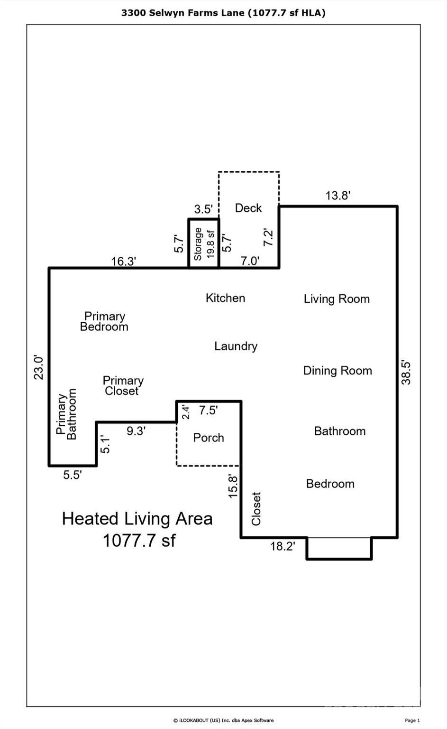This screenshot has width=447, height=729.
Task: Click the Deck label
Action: (x=248, y=208)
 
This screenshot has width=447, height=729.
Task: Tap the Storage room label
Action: (x=198, y=243)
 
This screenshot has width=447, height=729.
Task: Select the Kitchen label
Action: (x=225, y=298)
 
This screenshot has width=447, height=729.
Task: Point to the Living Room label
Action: (x=337, y=299)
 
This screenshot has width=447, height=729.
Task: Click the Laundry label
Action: (x=236, y=346)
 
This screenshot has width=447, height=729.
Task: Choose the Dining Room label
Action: (x=338, y=371)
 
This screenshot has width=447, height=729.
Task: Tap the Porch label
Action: (x=209, y=438)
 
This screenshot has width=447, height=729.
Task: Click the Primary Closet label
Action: (x=123, y=385)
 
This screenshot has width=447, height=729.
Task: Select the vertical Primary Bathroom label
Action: (x=66, y=414)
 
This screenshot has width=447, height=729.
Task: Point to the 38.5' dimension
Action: (x=406, y=373)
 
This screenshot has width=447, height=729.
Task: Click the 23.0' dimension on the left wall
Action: (x=38, y=367)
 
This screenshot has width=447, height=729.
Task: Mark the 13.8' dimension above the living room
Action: (x=338, y=196)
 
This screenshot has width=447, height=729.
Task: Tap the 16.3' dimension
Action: (x=124, y=261)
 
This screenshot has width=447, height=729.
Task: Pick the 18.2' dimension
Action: (x=283, y=546)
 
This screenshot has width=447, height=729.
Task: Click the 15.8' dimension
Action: (x=233, y=486)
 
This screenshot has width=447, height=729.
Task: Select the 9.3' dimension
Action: (x=136, y=431)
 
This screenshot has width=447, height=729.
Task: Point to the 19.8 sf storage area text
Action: (x=210, y=243)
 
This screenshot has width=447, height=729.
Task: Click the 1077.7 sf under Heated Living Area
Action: (x=139, y=541)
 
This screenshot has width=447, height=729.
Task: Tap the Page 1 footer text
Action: (x=412, y=720)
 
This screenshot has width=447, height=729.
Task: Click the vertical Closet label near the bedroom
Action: (x=256, y=508)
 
